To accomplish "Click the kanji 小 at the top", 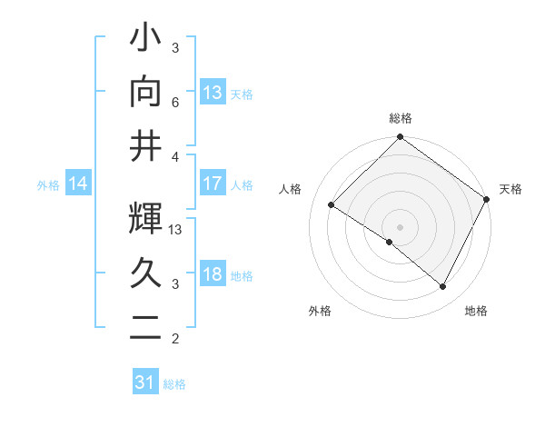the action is (145, 40).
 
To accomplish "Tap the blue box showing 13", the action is (213, 92).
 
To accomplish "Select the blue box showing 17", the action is (213, 184).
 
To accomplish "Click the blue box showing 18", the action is (213, 274).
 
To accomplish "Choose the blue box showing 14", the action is (78, 184).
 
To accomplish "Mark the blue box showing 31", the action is (145, 382).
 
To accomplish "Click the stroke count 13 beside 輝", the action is (176, 230).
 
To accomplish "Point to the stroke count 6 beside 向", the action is (176, 103).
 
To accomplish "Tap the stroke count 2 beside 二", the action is (176, 340).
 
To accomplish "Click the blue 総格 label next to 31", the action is (174, 384).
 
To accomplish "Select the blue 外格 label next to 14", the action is (48, 185).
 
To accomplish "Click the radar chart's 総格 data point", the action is (400, 138).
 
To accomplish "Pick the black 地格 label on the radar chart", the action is (476, 311).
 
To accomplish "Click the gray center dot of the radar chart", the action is (400, 226).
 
